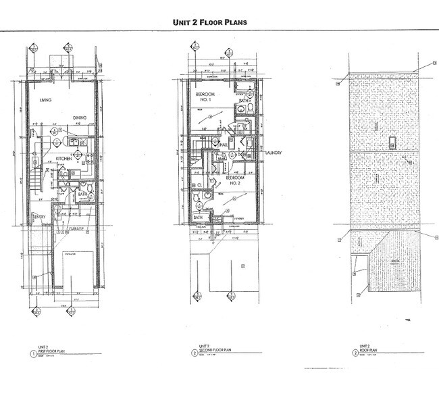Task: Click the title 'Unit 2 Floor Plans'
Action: tap(210, 22)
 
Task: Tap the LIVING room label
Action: tap(46, 100)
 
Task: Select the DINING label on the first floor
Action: tap(81, 118)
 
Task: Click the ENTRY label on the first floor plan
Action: tap(38, 216)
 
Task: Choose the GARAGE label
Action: tap(76, 229)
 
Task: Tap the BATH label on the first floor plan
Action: tap(83, 195)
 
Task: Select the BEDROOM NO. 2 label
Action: tap(235, 179)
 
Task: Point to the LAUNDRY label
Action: tap(273, 153)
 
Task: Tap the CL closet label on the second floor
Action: tap(200, 183)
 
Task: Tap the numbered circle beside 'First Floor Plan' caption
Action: tap(31, 351)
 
